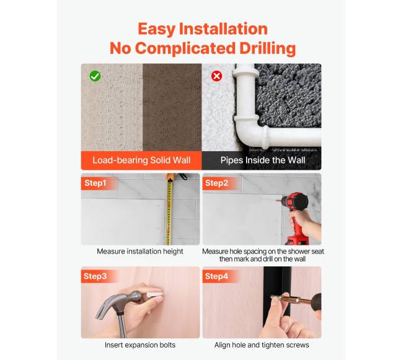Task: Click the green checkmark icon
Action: (95, 76)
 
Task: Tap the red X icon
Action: (216, 76)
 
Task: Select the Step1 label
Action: (95, 183)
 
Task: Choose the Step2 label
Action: (216, 183)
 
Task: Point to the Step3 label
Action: (95, 276)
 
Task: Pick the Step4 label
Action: (216, 276)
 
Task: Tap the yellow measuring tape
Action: (169, 209)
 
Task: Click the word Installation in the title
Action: (223, 29)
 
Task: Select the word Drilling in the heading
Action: (268, 49)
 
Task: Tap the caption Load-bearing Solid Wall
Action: (141, 160)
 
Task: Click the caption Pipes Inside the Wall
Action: (263, 160)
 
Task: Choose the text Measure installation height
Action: (140, 252)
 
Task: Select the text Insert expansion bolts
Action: (140, 345)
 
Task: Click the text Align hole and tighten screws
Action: (262, 345)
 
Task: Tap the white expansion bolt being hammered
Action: (155, 294)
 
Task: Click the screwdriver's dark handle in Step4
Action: (316, 302)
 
